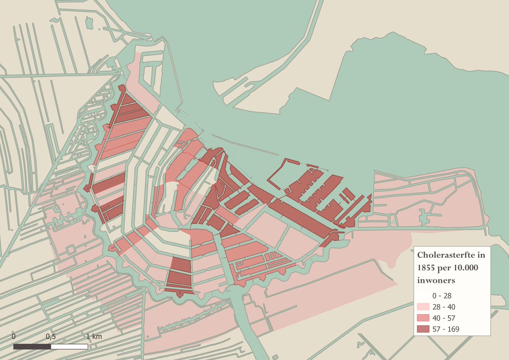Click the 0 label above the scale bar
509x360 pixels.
[x=14, y=336]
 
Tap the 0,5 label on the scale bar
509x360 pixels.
[x=51, y=336]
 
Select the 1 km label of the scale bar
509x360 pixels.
[x=94, y=336]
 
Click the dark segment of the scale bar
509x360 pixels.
[x=32, y=346]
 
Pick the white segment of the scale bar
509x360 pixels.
[x=69, y=346]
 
